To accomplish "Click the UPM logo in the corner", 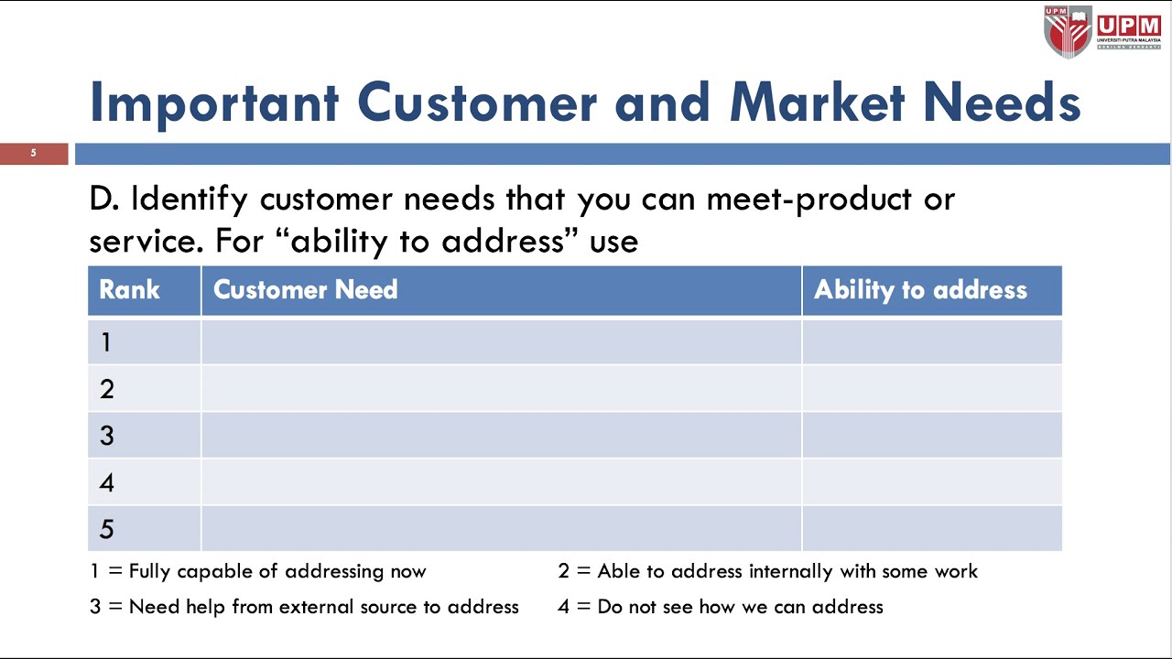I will (1102, 31).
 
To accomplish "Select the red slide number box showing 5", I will (34, 153).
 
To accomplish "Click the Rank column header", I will (129, 290).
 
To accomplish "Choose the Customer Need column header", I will (305, 290).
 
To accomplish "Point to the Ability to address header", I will (920, 290).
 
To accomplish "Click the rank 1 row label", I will (106, 342).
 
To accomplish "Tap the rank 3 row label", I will (106, 436).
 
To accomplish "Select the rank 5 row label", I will (106, 529).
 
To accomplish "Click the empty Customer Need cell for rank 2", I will (501, 389).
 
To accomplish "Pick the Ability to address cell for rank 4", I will (931, 482).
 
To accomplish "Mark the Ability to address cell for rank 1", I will (931, 342).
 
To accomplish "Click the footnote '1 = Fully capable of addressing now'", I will (258, 571).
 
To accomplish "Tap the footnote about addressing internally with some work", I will (767, 571).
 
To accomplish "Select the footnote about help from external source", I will (304, 607).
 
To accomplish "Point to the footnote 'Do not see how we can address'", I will (720, 607).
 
